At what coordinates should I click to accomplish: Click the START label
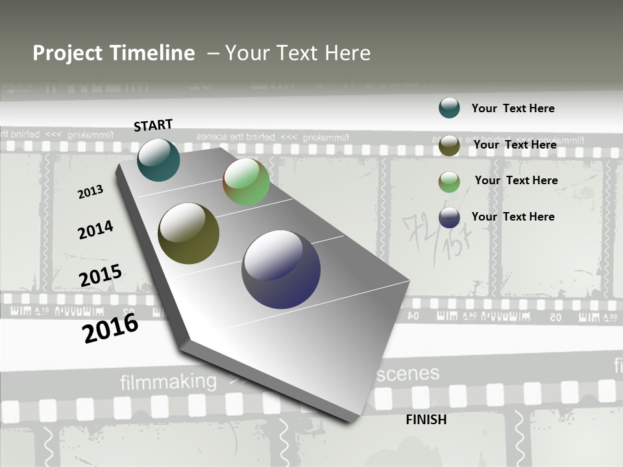point(153,125)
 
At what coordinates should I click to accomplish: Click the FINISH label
point(426,420)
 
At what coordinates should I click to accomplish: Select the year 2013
point(90,192)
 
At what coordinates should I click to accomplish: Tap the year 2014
point(95,230)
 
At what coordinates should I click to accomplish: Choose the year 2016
point(110,328)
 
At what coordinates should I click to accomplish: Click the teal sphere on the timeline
point(158,160)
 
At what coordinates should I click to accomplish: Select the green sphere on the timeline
point(247,182)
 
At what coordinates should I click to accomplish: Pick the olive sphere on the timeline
point(188,233)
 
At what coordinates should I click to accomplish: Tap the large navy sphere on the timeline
point(281,269)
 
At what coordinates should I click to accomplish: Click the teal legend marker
point(449,108)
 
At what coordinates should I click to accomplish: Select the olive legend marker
point(449,145)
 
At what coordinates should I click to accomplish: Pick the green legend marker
point(449,182)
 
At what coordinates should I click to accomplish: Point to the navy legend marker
point(449,217)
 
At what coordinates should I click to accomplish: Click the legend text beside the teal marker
point(513,108)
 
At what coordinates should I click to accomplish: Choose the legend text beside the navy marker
point(513,217)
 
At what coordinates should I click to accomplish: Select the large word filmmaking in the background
point(168,382)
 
